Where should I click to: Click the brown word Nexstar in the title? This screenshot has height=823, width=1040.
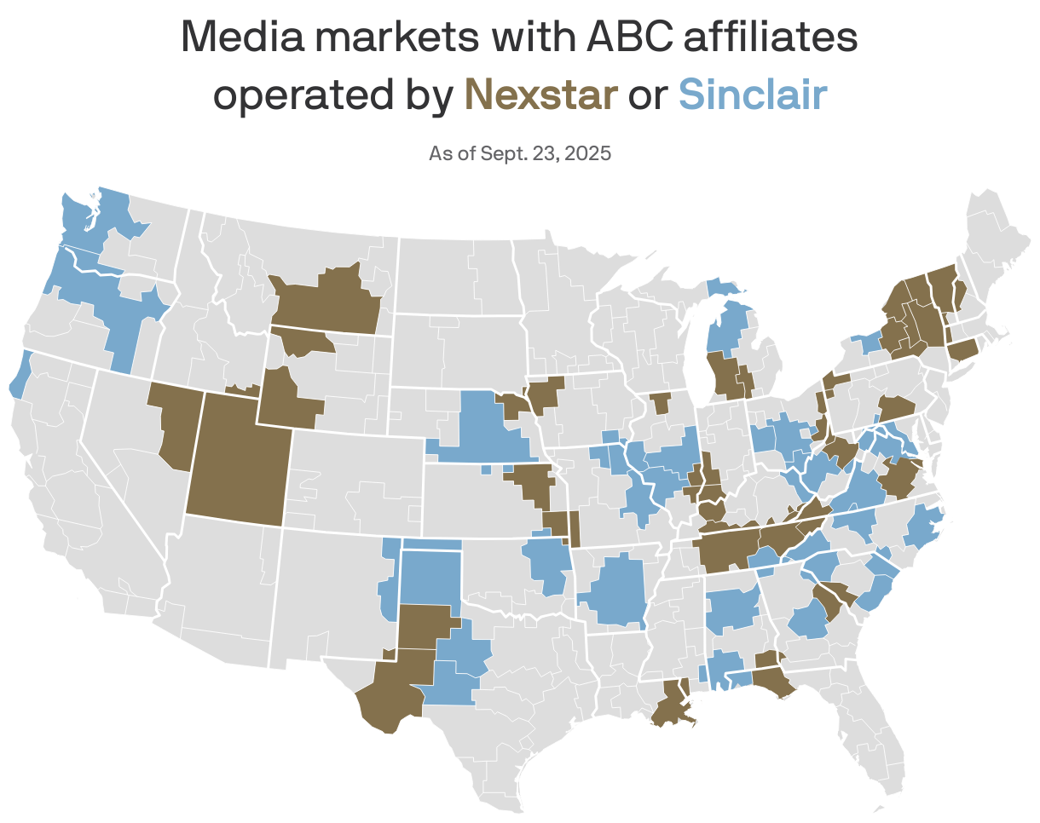coord(540,94)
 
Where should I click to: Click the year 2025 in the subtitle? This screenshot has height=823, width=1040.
coord(588,153)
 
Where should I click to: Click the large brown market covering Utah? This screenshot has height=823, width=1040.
coord(234,460)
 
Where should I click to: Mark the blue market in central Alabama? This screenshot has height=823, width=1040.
coord(732,610)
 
